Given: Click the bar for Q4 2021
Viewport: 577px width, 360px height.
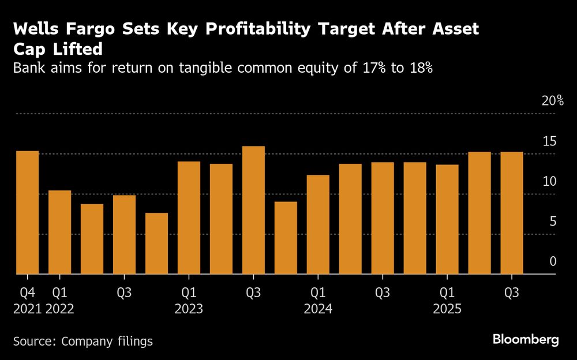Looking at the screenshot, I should pos(27,212).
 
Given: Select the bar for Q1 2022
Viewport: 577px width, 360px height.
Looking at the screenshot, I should pos(59,232).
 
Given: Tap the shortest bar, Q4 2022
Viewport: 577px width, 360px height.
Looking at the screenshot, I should pos(156,243).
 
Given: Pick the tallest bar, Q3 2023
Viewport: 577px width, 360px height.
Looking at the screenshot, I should pos(253,210).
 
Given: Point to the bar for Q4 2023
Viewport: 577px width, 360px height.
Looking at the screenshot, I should pos(286,238).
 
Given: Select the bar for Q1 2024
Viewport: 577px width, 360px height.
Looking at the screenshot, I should pos(318,224).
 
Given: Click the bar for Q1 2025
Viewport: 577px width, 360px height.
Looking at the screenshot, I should pos(447,219).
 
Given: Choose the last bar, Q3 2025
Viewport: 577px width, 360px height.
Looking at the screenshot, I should pos(512,213).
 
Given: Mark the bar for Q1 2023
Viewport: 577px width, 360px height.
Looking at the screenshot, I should pos(189,217).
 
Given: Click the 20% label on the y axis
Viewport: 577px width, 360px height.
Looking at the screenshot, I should pos(552,101).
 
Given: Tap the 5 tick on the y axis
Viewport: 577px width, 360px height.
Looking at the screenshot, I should pos(553,222).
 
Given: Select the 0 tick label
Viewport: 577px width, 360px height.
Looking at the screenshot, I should pos(553,261).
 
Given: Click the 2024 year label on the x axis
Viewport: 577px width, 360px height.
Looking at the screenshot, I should pos(318,309).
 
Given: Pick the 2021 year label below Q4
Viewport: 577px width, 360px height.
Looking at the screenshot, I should pos(27,309).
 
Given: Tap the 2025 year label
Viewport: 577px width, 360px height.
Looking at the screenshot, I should pos(447,309).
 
